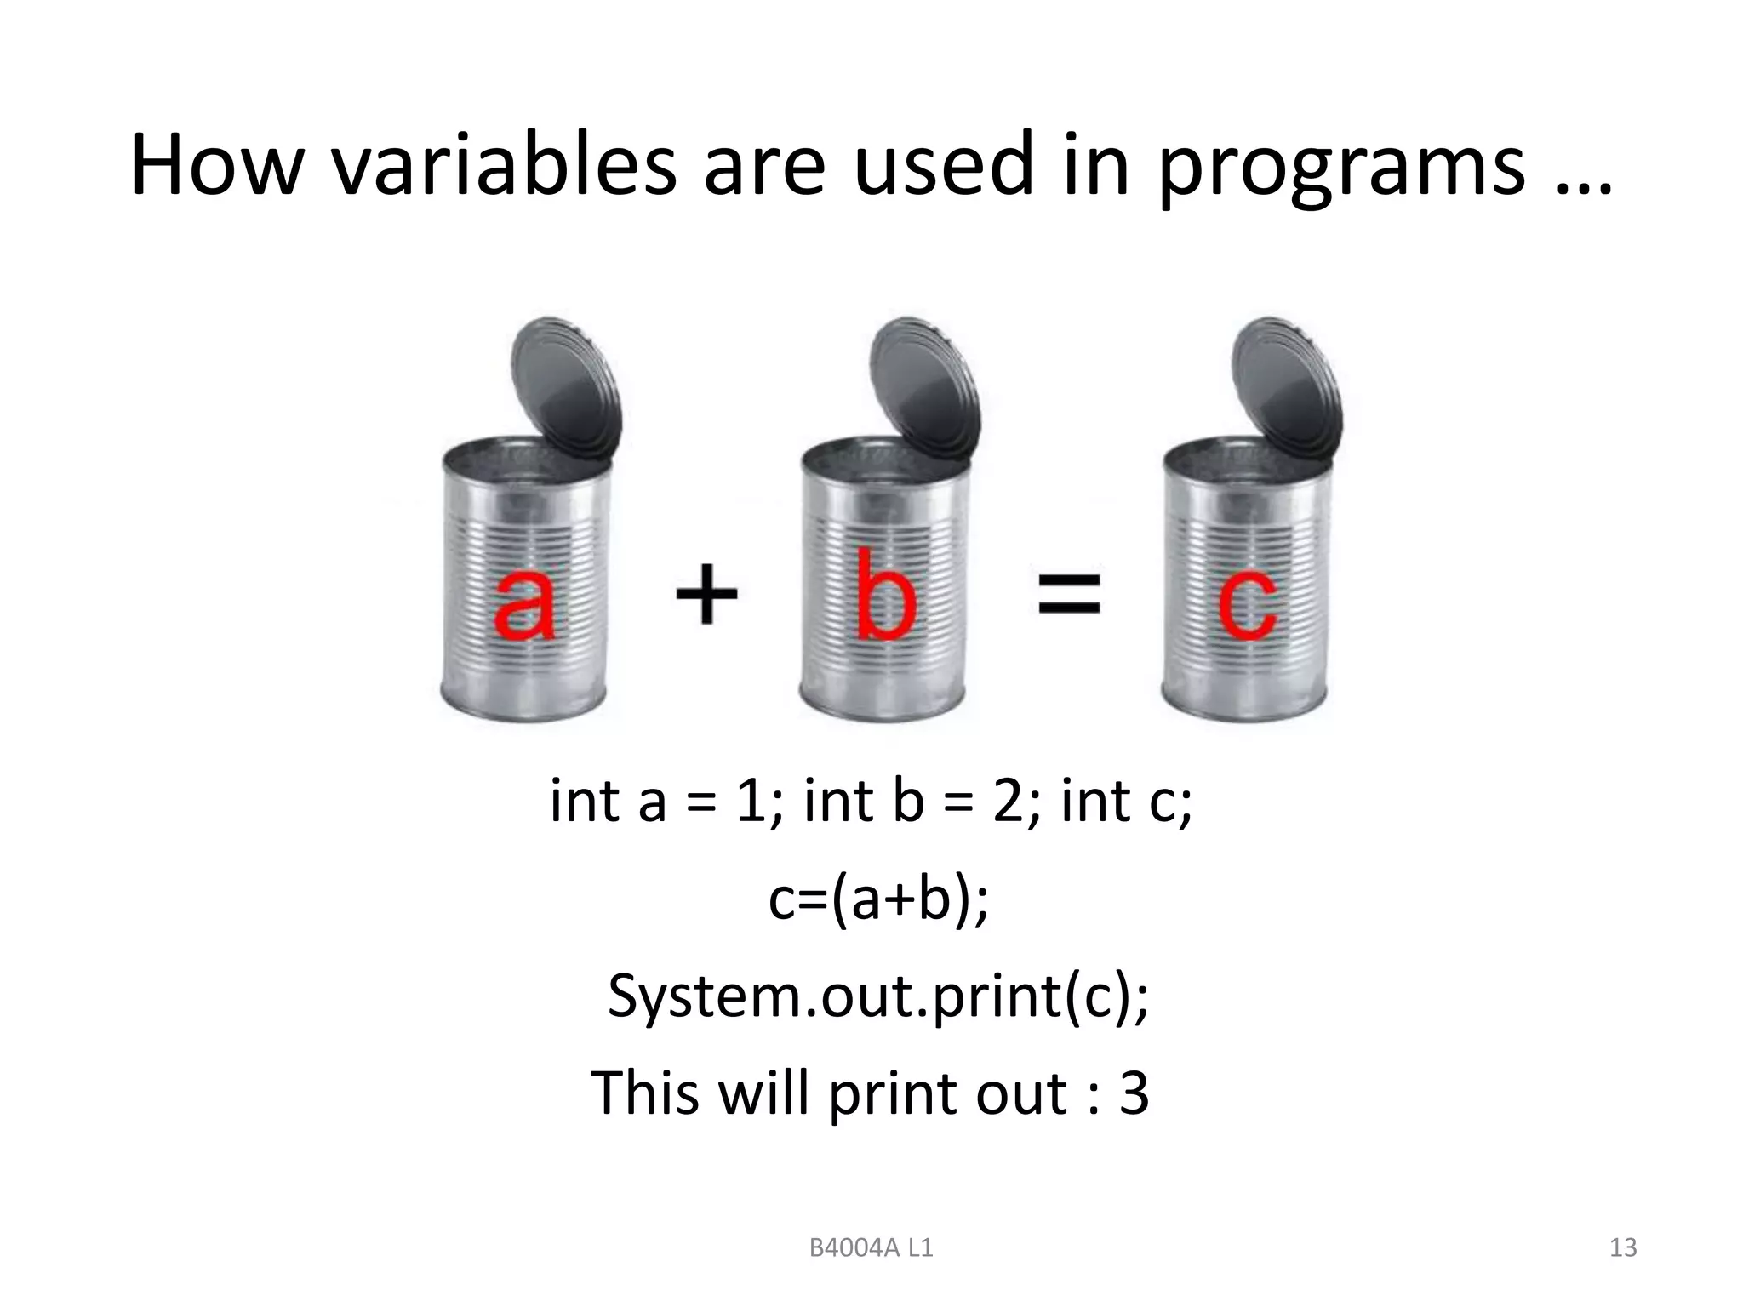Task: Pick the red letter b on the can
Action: click(x=886, y=595)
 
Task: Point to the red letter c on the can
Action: click(x=1247, y=605)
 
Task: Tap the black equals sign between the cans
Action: click(x=1069, y=593)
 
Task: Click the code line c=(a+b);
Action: click(x=878, y=899)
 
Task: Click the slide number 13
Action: click(x=1623, y=1248)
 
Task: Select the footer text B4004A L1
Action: click(x=871, y=1248)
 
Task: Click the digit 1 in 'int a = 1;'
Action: click(x=751, y=802)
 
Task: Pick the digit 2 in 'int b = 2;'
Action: click(x=1008, y=802)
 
